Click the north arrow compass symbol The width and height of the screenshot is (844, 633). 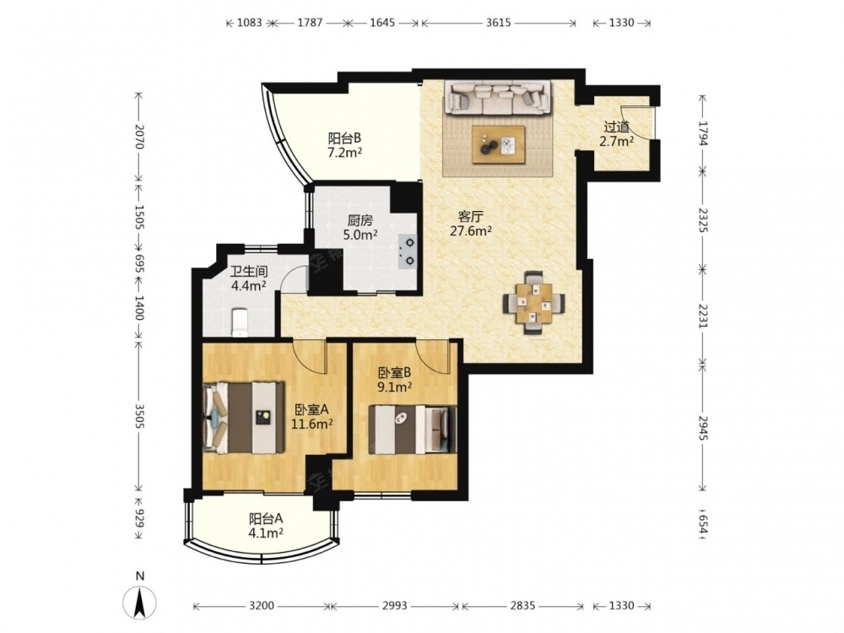point(140,600)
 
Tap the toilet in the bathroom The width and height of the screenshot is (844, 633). point(239,322)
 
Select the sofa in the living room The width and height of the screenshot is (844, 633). point(498,97)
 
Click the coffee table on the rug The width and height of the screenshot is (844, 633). point(499,144)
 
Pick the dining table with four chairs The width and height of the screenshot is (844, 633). point(534,303)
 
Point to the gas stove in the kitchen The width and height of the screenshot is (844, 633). point(408,252)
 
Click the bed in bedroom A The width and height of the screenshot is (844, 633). point(244,417)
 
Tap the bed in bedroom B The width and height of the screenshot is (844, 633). point(413,430)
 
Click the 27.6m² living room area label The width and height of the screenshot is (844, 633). point(471,231)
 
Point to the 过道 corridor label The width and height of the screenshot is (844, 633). point(617,127)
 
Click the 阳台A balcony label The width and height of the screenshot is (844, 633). point(266,519)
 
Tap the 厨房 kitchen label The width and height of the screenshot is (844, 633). point(360,220)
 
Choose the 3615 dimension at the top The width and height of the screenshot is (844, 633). point(499,23)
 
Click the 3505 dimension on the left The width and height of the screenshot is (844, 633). point(139,417)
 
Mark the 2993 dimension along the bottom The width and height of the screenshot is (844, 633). point(394,606)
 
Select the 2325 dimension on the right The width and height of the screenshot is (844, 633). point(702,219)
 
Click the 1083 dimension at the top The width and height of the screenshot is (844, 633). point(250,23)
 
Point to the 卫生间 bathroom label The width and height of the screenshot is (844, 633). point(249,272)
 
